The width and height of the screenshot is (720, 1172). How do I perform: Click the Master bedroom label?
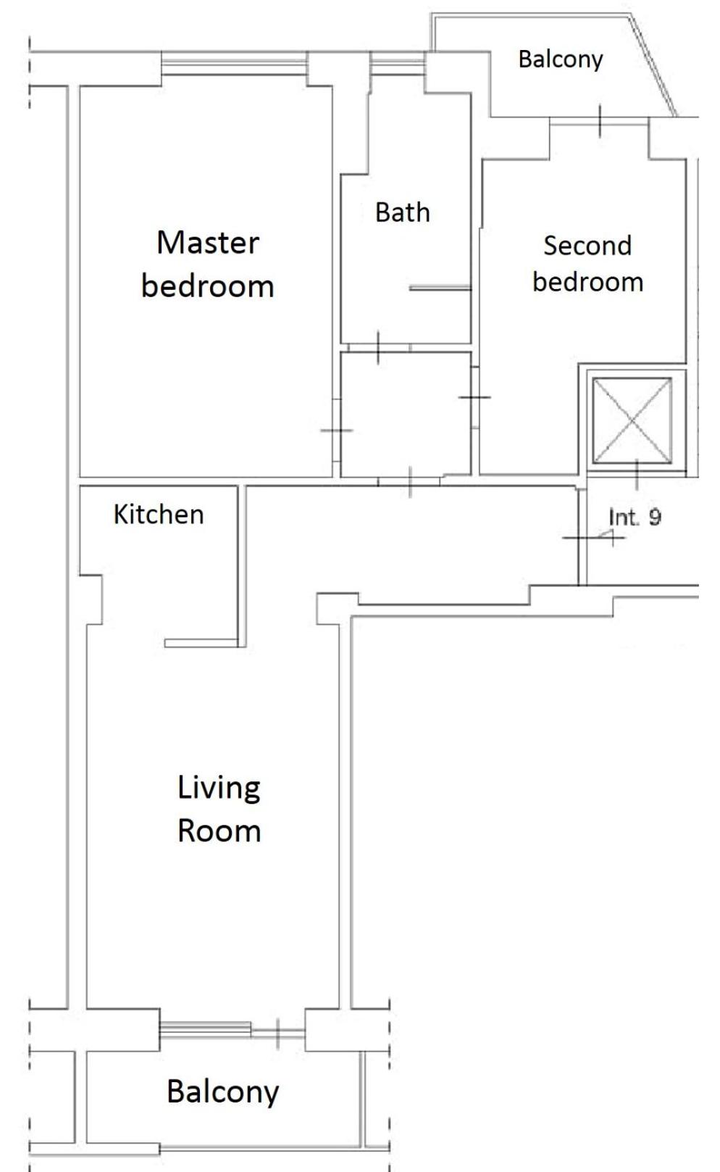208,265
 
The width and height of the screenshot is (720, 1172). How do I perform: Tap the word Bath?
403,212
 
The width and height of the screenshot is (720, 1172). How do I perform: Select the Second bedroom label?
587,263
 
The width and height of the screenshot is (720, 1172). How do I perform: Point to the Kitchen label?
159,515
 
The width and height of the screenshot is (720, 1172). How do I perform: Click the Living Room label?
219,809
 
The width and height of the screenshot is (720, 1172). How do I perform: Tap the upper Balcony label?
561,59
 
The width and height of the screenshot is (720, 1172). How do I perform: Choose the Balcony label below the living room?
223,1092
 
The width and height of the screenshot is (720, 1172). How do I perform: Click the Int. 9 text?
635,517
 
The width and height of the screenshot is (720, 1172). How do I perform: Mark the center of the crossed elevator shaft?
632,420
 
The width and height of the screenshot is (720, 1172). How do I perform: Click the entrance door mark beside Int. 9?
593,537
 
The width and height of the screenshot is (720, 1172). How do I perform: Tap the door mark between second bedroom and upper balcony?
600,121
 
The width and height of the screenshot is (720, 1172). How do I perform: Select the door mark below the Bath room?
378,347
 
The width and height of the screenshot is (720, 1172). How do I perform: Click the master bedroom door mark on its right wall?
336,431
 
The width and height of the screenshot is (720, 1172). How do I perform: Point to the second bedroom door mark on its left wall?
474,397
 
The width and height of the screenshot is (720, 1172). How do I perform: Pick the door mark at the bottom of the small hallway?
410,482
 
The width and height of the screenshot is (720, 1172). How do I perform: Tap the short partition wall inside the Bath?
440,287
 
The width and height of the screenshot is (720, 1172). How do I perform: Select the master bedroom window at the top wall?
234,63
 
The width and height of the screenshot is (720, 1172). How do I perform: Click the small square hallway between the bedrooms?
406,415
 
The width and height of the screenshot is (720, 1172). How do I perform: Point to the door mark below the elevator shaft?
637,475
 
